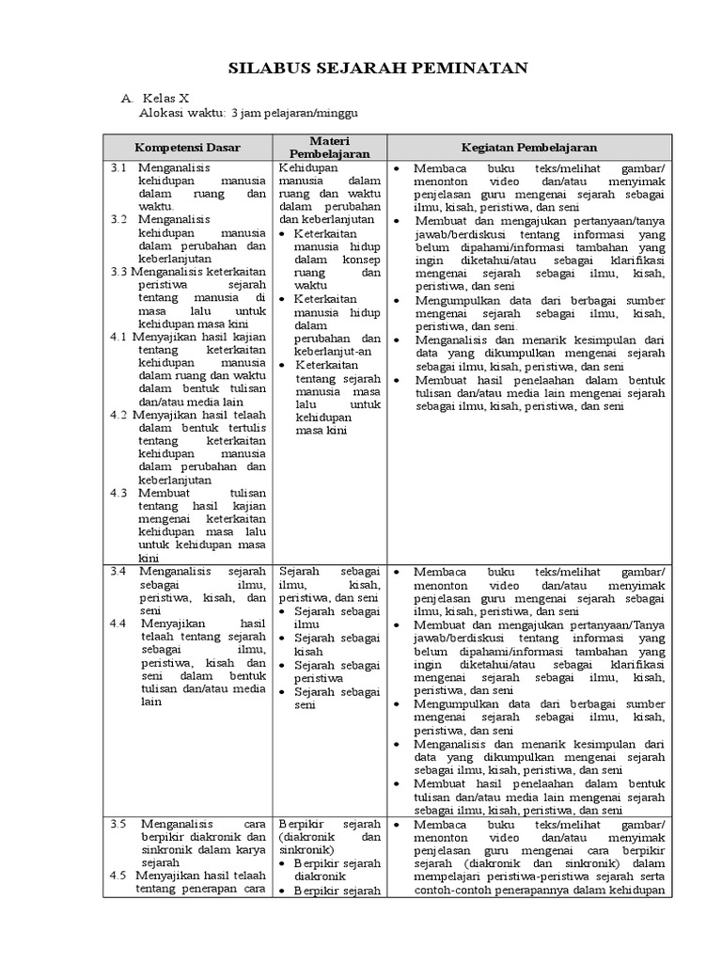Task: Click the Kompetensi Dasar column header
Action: click(187, 147)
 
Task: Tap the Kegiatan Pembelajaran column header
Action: click(529, 147)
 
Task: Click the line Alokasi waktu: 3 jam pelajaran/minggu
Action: click(248, 113)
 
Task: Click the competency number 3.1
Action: click(118, 166)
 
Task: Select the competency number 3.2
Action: click(118, 218)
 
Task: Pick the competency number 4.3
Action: click(118, 492)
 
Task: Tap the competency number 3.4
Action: click(118, 571)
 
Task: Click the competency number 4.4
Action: click(118, 623)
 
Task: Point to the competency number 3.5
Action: click(118, 824)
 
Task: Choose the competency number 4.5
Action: click(118, 876)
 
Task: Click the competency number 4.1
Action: click(118, 336)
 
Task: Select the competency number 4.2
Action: click(118, 414)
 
